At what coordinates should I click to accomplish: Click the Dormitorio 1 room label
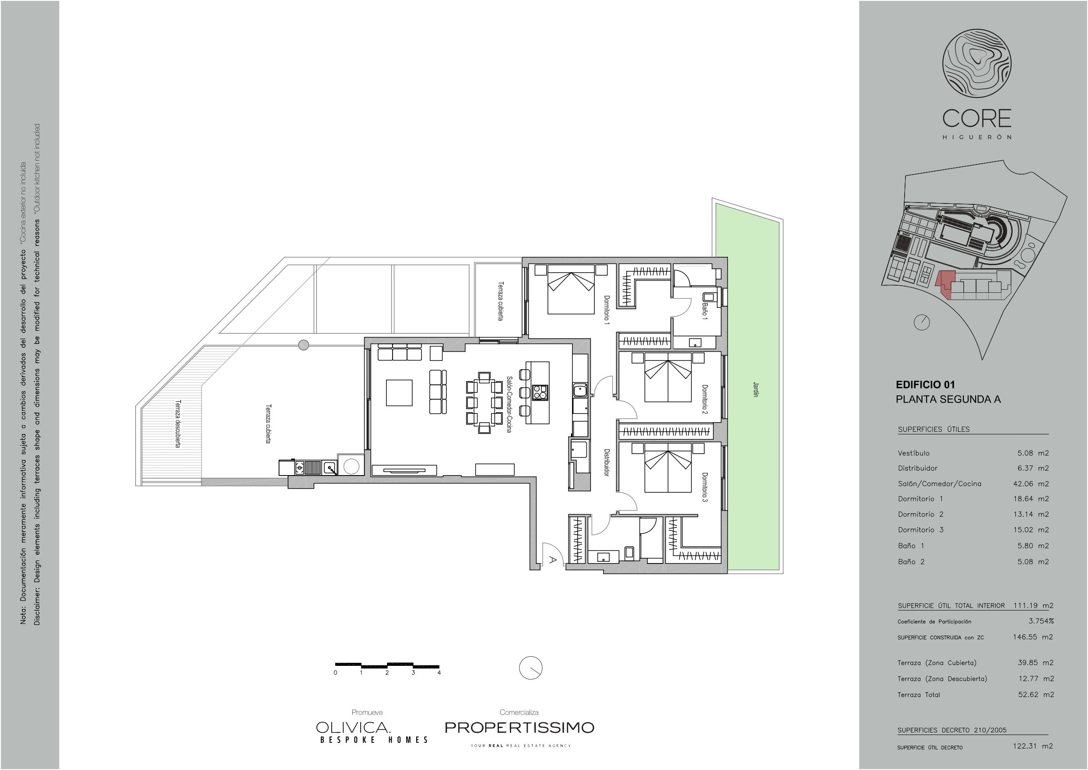(x=606, y=310)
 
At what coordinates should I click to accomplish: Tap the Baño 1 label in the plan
(x=705, y=311)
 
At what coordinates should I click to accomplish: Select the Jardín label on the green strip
(x=756, y=389)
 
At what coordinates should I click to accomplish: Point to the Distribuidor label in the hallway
(x=606, y=462)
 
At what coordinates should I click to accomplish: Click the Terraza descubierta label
(x=178, y=424)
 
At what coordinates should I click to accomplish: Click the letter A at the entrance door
(x=552, y=560)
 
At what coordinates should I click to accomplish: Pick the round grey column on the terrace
(x=304, y=345)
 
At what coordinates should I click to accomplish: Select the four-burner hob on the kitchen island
(x=540, y=392)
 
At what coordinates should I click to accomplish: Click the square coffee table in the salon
(x=399, y=392)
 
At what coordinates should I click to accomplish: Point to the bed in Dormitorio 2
(x=668, y=377)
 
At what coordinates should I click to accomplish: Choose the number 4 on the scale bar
(x=439, y=672)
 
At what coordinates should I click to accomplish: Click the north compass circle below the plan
(x=531, y=668)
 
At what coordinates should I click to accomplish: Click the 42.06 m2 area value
(x=1031, y=483)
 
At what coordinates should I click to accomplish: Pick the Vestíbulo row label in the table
(x=913, y=453)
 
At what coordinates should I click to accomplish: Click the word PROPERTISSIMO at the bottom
(x=519, y=727)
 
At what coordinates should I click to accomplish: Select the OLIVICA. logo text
(x=353, y=727)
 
